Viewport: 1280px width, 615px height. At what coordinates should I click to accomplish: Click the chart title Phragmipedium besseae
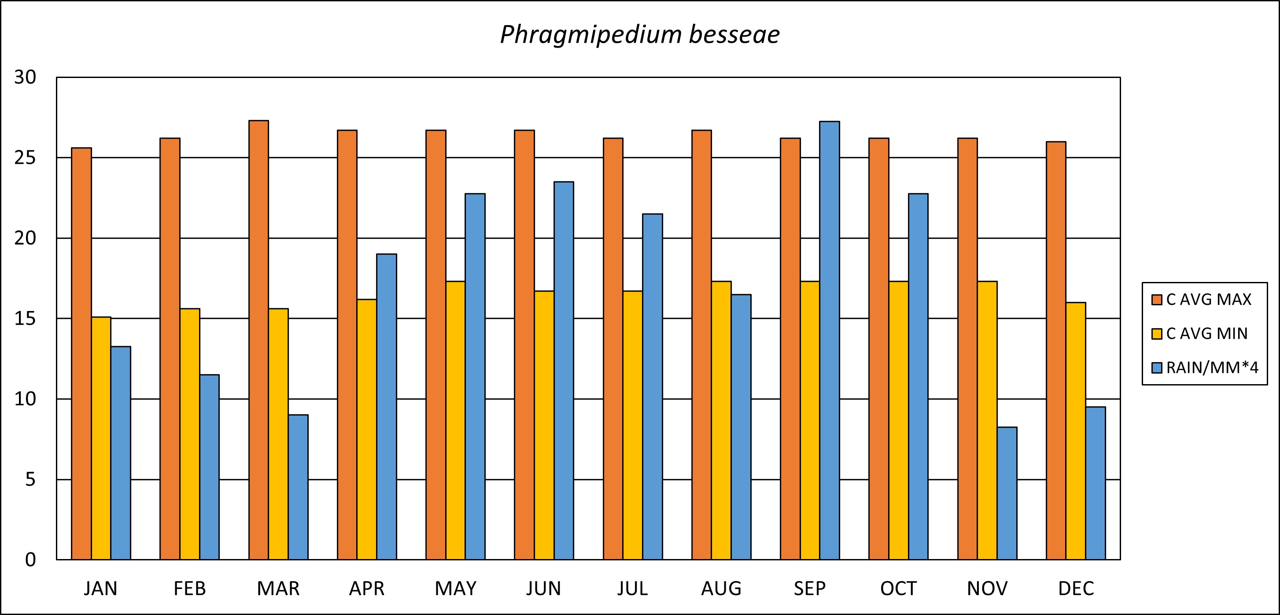click(639, 35)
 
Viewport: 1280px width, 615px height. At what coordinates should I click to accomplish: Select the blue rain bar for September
click(829, 341)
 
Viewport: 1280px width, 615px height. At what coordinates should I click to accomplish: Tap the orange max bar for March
click(258, 340)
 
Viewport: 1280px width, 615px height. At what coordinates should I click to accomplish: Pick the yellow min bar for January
click(101, 438)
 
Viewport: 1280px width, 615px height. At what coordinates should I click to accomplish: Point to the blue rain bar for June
click(564, 370)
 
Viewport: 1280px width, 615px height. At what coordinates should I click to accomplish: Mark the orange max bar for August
click(701, 345)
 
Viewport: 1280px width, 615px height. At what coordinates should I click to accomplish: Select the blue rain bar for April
click(386, 407)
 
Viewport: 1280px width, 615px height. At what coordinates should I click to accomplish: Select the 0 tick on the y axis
click(30, 560)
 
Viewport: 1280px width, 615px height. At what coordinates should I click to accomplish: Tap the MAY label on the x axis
click(455, 589)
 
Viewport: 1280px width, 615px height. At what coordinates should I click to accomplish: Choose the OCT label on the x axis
click(898, 589)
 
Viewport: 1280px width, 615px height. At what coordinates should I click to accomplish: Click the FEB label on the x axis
click(189, 589)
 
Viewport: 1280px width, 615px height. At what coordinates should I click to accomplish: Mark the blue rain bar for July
click(652, 387)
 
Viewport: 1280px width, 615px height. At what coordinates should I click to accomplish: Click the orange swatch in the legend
click(1157, 299)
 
